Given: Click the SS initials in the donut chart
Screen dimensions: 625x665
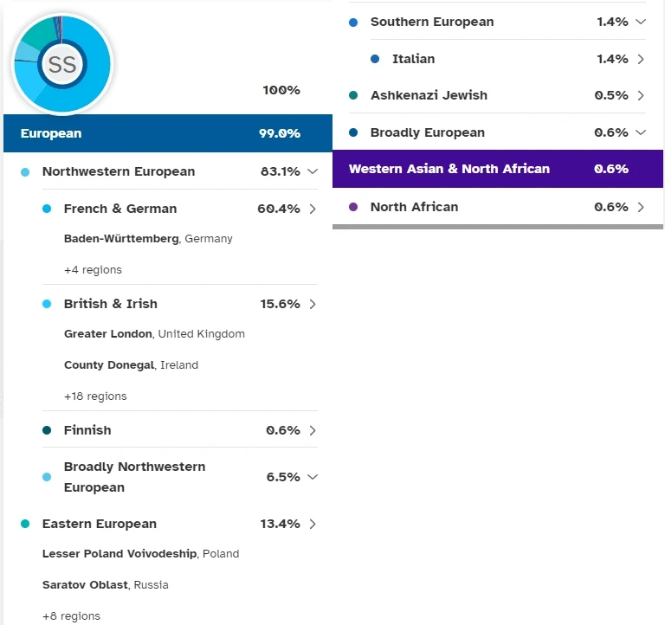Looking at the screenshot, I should click(61, 65).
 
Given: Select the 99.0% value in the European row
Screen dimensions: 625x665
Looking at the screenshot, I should click(280, 133).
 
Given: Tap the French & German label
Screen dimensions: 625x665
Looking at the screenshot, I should click(120, 209).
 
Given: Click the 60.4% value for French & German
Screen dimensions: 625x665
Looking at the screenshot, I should click(279, 209).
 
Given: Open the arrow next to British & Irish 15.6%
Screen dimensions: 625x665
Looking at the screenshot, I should click(313, 304).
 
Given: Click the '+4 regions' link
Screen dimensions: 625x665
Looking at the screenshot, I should click(93, 270).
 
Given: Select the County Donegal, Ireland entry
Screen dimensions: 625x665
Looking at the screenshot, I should click(131, 365).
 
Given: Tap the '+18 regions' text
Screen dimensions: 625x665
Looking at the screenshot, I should click(95, 396).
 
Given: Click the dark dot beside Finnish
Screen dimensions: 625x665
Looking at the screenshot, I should click(47, 430).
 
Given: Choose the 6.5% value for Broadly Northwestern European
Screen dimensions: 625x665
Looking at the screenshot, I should click(283, 477).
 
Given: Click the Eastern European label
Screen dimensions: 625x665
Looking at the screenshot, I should click(100, 524).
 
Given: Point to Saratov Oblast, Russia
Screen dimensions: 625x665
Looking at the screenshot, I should click(105, 585).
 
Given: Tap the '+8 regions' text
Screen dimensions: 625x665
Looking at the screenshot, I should click(71, 616).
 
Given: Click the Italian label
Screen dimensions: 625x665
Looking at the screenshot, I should click(413, 59).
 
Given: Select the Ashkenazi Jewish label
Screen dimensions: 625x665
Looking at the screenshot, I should click(429, 95).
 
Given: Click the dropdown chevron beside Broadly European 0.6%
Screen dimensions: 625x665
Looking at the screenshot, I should click(641, 132).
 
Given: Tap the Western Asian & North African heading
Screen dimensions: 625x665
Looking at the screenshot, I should click(449, 169).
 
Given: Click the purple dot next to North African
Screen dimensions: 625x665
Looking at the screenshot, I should click(352, 207).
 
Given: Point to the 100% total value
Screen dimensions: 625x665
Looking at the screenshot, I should click(281, 90).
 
